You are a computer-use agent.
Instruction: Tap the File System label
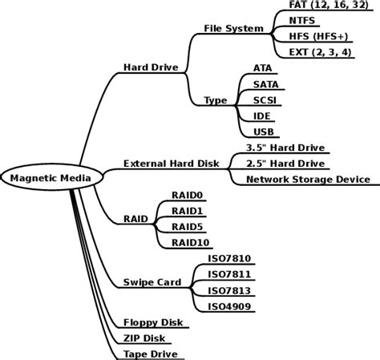(x=233, y=29)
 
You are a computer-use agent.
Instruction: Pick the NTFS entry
(x=301, y=20)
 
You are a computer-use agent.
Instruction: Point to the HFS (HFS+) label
(x=319, y=36)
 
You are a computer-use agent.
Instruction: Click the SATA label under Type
(x=265, y=83)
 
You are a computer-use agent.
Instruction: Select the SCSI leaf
(x=265, y=99)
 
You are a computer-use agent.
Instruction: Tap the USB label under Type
(x=264, y=131)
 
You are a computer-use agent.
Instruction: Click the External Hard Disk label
(x=171, y=164)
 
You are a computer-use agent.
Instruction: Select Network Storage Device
(x=308, y=180)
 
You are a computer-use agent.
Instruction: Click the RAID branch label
(x=135, y=218)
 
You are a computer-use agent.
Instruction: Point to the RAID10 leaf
(x=190, y=241)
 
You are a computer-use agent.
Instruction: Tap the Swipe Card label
(x=152, y=282)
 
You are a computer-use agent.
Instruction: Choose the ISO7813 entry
(x=229, y=289)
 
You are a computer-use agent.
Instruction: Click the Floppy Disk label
(x=152, y=322)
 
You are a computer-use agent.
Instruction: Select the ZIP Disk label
(x=144, y=338)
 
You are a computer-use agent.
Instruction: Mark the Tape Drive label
(x=150, y=354)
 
